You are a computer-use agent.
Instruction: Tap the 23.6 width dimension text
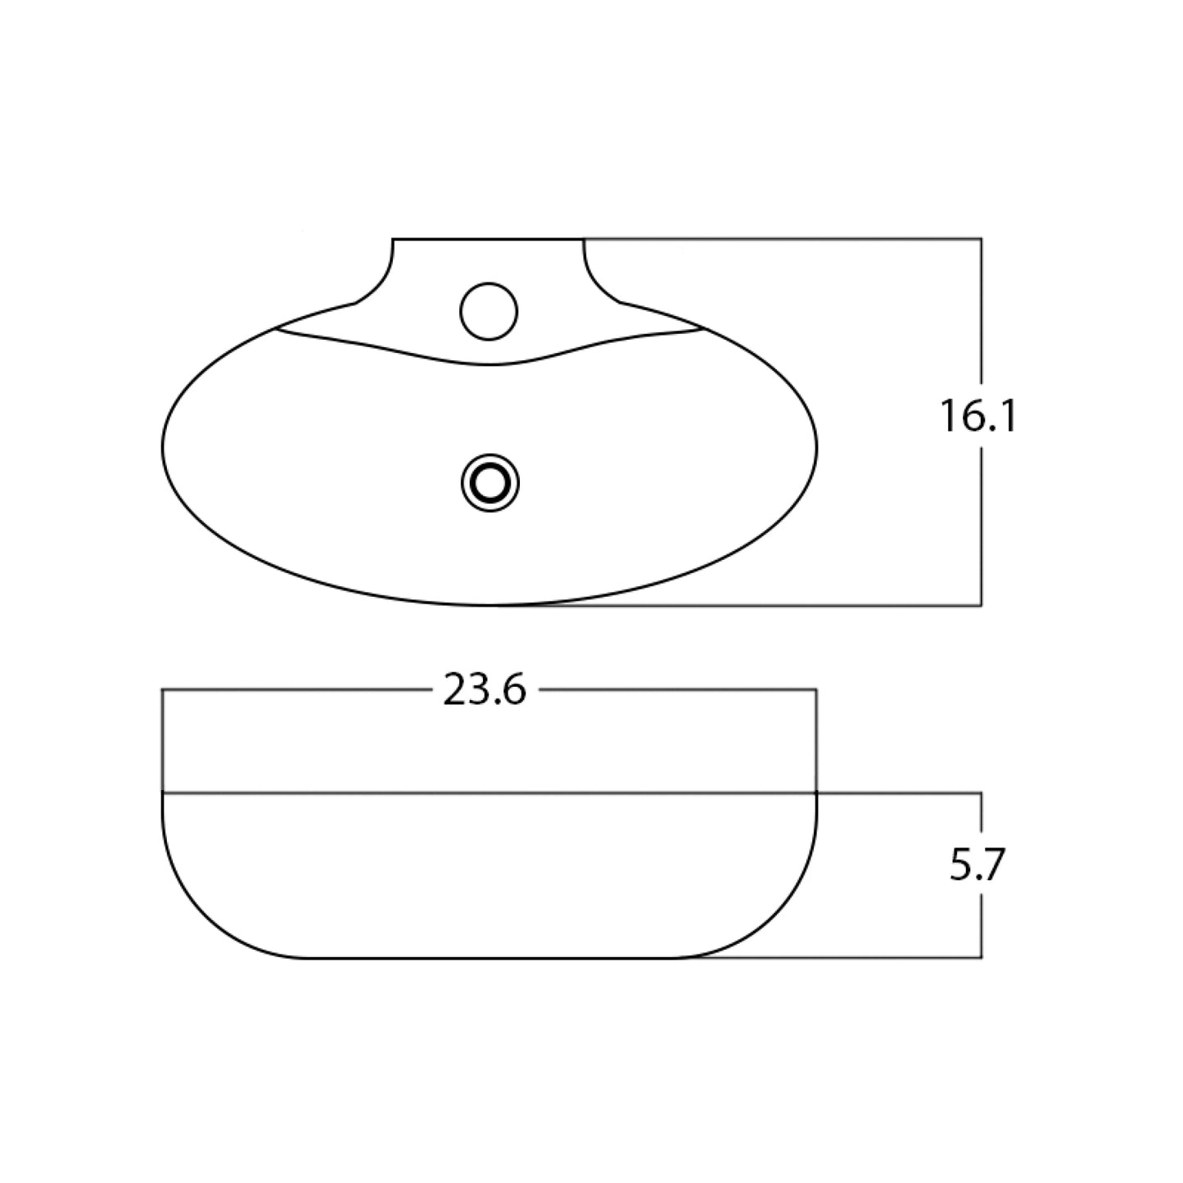[484, 692]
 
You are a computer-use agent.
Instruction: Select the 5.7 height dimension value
[977, 865]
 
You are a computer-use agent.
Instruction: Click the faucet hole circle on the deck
[489, 311]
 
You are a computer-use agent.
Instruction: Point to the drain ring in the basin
[490, 484]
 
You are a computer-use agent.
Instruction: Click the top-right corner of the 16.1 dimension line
[981, 239]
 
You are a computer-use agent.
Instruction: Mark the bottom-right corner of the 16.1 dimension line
[981, 605]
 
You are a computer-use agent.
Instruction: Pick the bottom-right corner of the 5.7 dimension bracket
[981, 957]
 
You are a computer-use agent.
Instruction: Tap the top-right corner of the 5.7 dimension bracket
[981, 792]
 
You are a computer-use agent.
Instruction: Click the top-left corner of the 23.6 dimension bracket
[163, 691]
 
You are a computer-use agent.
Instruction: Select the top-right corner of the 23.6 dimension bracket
[816, 691]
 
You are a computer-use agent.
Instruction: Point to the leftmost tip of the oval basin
[163, 446]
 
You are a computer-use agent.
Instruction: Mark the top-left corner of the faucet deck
[394, 239]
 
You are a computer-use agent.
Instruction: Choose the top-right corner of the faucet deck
[585, 239]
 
